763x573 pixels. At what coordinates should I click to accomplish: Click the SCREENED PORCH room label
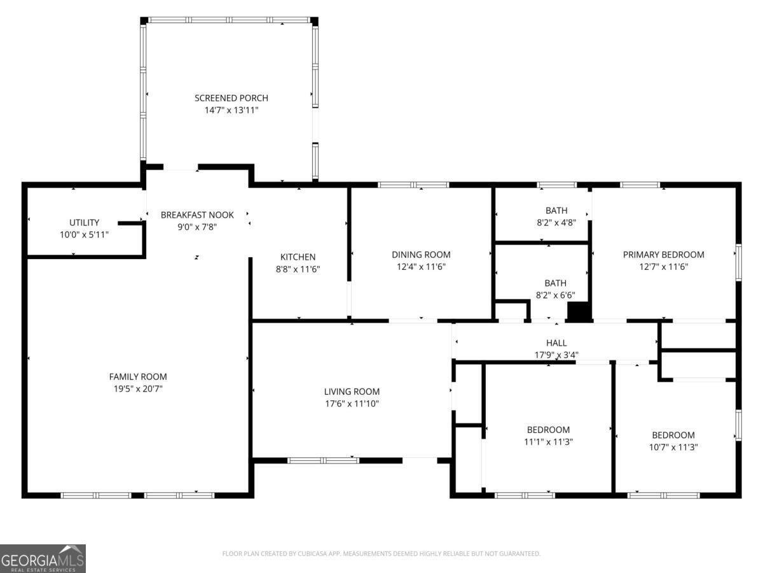click(x=231, y=98)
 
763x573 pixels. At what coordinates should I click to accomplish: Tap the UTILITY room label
click(x=84, y=222)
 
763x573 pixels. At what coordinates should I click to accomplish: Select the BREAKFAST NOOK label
click(x=197, y=215)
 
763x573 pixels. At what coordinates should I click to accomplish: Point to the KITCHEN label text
click(x=298, y=257)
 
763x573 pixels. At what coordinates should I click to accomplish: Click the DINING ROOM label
click(x=421, y=255)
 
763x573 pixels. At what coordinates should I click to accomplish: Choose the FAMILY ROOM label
click(x=138, y=376)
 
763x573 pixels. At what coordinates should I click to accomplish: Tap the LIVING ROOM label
click(x=352, y=392)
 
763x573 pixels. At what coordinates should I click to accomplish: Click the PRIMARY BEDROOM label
click(x=663, y=255)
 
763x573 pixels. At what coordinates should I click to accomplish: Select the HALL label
click(x=556, y=343)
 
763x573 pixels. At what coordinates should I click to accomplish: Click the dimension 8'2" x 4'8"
click(x=556, y=223)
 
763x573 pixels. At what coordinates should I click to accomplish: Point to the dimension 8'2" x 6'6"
click(x=555, y=295)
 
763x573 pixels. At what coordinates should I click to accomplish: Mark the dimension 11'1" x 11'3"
click(x=548, y=442)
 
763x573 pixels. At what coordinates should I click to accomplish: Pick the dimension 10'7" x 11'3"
click(x=673, y=447)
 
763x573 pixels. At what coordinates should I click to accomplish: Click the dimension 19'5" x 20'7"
click(x=138, y=388)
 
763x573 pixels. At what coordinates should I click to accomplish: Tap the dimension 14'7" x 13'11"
click(x=231, y=110)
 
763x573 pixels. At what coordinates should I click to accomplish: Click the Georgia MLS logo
click(x=43, y=558)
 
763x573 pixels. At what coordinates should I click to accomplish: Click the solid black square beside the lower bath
click(x=579, y=311)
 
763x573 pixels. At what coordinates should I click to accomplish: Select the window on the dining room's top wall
click(x=413, y=185)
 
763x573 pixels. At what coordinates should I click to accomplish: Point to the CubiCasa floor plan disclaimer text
click(x=381, y=554)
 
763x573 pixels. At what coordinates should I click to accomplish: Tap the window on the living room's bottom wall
click(x=323, y=460)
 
